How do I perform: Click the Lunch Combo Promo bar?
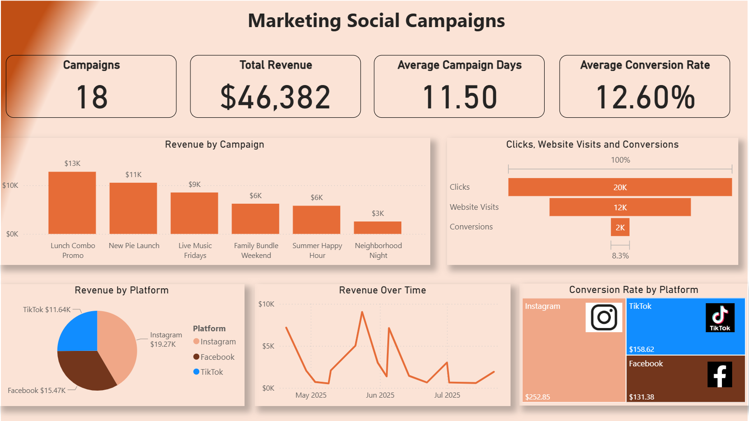[x=72, y=203]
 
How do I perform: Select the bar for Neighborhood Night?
[x=378, y=228]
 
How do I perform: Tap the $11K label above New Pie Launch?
[x=133, y=175]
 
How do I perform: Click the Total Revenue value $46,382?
[x=275, y=97]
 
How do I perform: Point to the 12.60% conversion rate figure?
[x=645, y=97]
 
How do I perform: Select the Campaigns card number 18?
[x=91, y=97]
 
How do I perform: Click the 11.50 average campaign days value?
[x=459, y=97]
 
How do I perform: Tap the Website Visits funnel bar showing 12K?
[x=620, y=207]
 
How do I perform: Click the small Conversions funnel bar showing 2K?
[x=620, y=228]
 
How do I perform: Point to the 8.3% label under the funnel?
[x=620, y=256]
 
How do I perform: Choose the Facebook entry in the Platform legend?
[x=217, y=357]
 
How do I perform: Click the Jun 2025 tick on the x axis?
[x=380, y=395]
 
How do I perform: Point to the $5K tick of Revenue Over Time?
[x=268, y=346]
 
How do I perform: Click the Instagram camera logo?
[x=604, y=317]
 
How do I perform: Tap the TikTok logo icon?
[x=720, y=318]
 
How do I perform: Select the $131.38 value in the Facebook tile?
[x=641, y=397]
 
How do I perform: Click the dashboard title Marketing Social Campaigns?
[x=376, y=21]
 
